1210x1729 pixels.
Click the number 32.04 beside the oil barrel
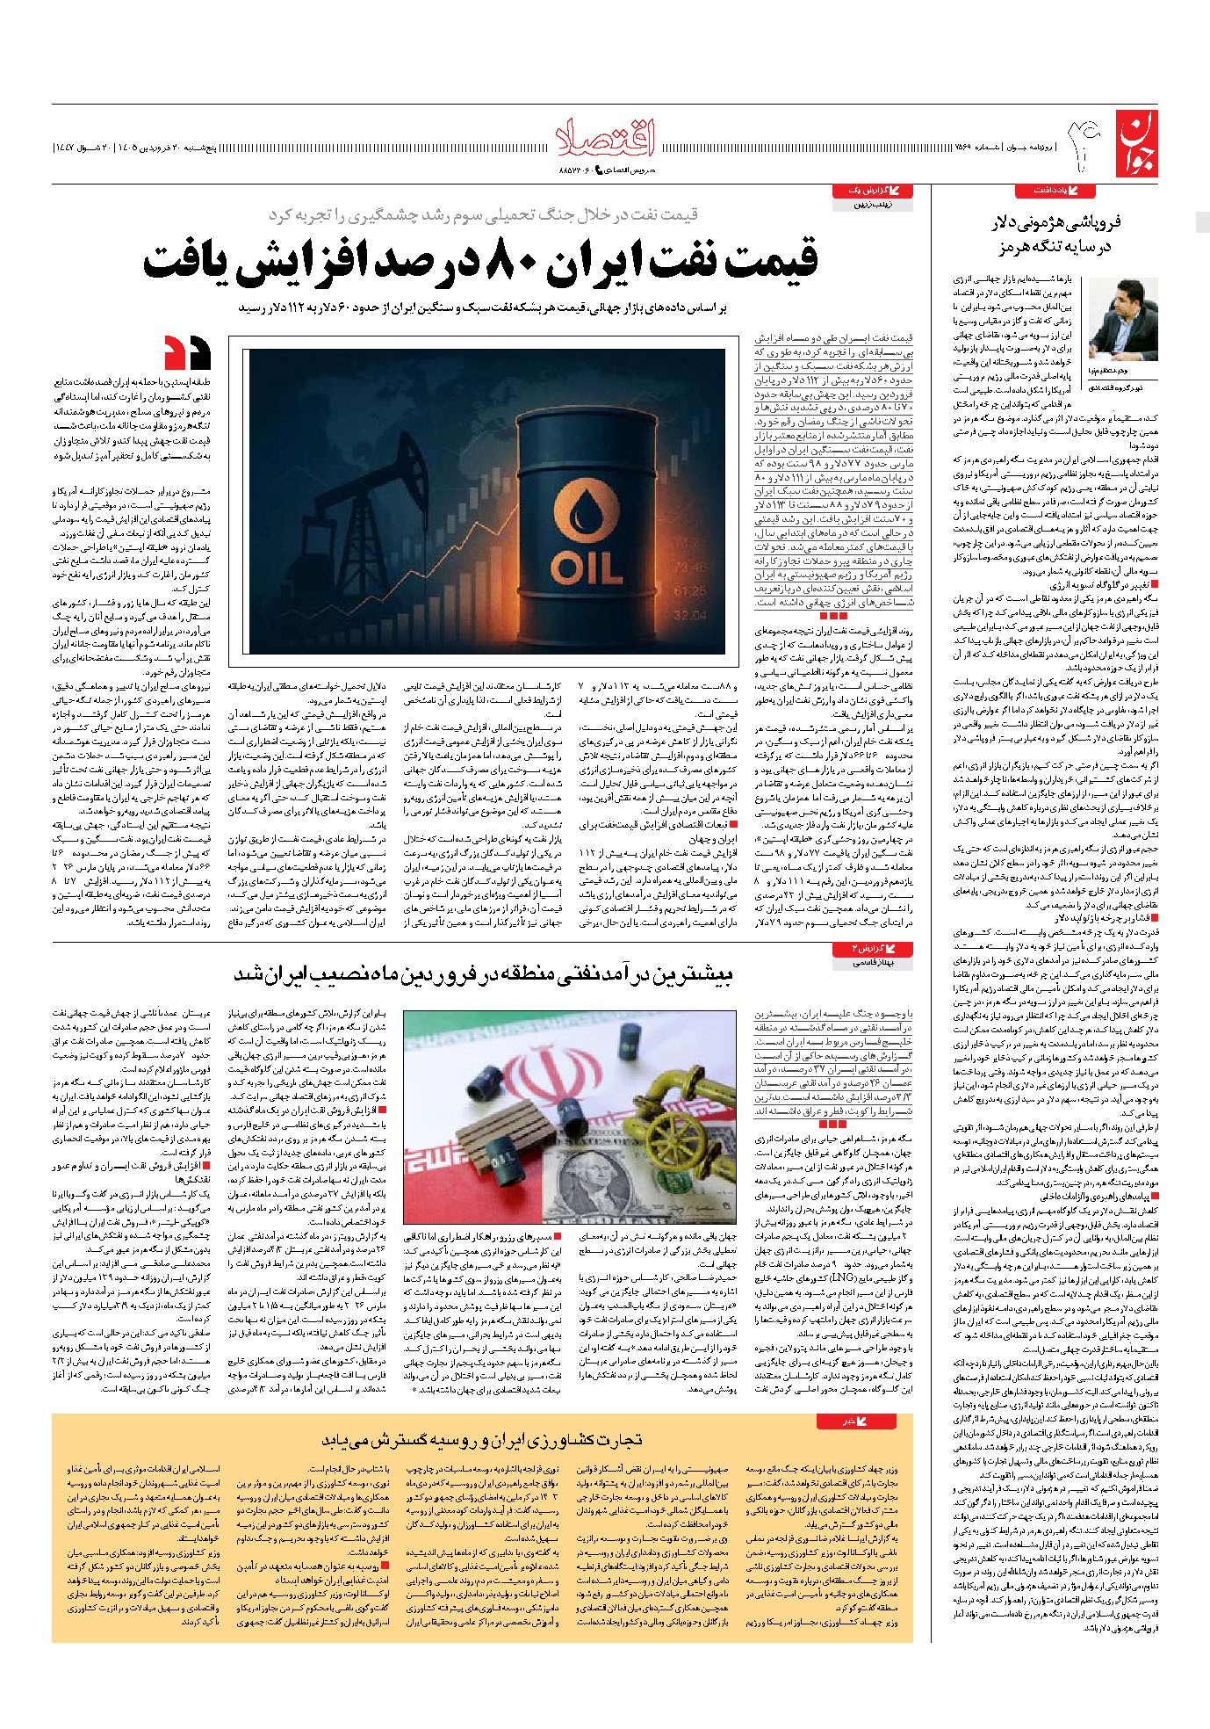(x=688, y=616)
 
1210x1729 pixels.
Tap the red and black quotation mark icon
(x=187, y=351)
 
